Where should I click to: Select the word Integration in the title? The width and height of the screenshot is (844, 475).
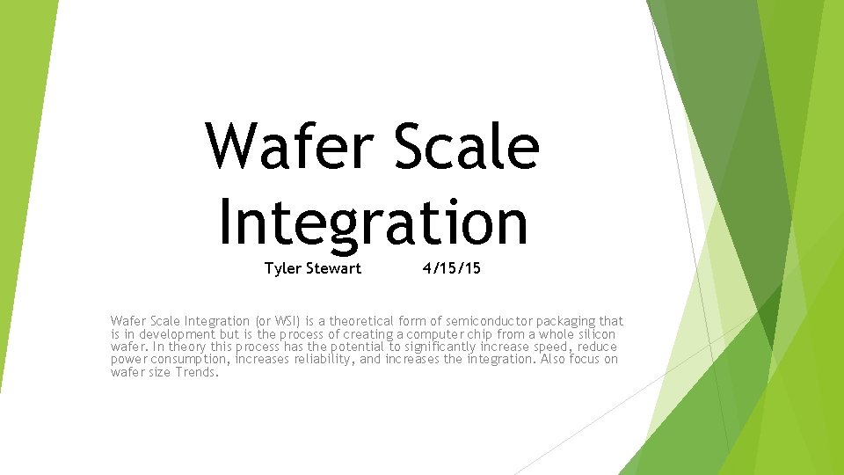(373, 222)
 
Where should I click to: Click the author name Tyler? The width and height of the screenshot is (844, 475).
(282, 268)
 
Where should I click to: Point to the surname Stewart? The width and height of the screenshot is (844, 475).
(333, 268)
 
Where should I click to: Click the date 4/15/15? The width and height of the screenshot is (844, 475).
(451, 268)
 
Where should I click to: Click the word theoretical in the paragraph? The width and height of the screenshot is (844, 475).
(359, 321)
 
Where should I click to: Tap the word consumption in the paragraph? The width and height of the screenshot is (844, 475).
(189, 359)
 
